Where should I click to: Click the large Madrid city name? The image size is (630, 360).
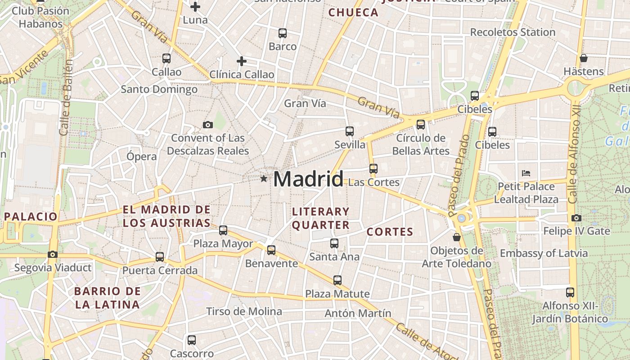click(308, 179)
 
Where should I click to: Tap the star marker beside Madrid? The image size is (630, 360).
click(264, 179)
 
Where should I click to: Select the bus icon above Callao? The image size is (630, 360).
click(166, 58)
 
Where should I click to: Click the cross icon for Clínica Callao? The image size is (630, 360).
click(242, 61)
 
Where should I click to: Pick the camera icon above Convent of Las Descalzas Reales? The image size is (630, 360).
click(207, 125)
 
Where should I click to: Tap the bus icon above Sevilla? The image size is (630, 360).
click(350, 131)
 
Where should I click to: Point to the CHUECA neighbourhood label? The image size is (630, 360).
click(353, 13)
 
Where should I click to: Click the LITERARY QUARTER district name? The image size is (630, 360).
click(321, 218)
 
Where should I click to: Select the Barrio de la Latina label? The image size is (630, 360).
click(108, 298)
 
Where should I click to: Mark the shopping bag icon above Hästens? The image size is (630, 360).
click(584, 58)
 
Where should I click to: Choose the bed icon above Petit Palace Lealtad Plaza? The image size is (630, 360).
click(526, 173)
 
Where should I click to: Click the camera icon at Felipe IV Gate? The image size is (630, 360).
click(576, 218)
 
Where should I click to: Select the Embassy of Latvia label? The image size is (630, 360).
click(544, 253)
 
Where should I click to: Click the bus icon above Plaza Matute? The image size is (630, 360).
click(337, 280)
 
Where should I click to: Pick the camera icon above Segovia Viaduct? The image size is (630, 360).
click(53, 255)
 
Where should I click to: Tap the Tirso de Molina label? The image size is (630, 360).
click(244, 311)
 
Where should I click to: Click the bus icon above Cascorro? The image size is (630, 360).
click(192, 340)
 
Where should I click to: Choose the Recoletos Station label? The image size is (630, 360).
click(513, 32)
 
